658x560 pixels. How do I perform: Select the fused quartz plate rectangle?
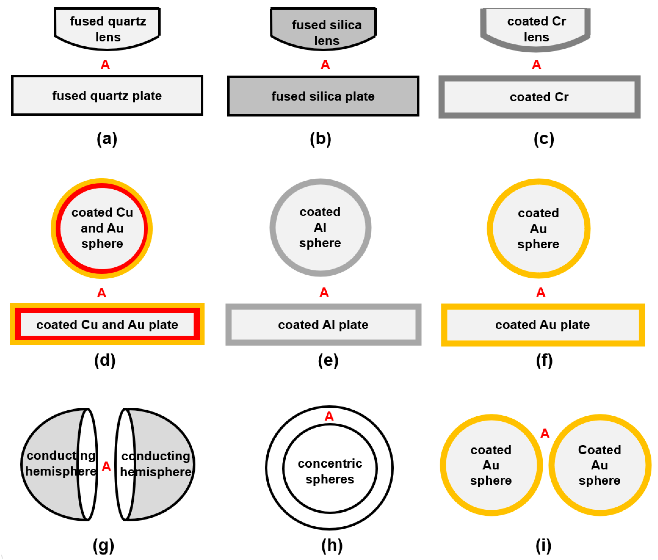pos(107,95)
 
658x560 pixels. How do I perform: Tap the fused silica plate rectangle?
pos(323,96)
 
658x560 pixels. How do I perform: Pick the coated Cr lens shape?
pos(535,29)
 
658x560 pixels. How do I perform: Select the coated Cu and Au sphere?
pos(102,228)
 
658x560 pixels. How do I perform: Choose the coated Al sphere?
pos(320,227)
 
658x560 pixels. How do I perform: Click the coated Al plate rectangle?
pos(323,325)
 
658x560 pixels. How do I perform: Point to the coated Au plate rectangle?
pos(543,325)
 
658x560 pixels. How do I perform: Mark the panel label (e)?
pos(328,360)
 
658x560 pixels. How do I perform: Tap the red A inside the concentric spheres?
pos(329,416)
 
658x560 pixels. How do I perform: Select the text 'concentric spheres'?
pos(330,471)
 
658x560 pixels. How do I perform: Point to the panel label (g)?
pos(103,545)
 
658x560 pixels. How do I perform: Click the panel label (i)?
pos(543,545)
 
